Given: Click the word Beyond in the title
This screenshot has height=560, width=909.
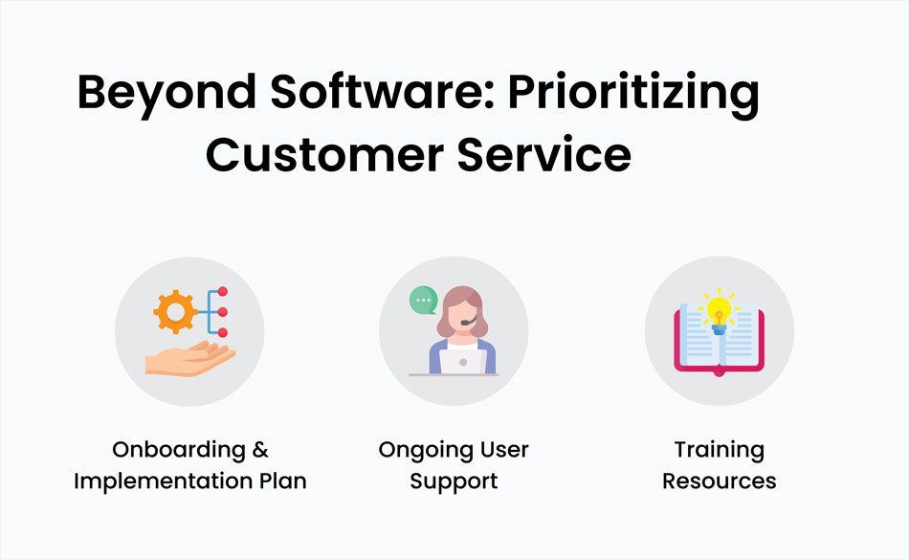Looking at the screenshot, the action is coord(166,94).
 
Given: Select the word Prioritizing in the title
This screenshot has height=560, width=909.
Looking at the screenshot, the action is coord(633,94).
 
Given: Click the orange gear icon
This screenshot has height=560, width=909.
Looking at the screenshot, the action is coord(175,312).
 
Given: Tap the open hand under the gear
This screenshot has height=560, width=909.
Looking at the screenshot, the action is coord(190,359).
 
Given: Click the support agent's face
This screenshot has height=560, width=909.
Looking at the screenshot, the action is coord(463,317).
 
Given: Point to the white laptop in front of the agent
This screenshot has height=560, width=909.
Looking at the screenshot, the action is coord(462,362).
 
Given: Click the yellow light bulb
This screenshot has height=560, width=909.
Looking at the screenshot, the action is coord(719,312).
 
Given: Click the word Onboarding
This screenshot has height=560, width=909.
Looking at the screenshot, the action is coord(179,451).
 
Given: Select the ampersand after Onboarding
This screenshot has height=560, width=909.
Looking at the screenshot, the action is coord(260,449).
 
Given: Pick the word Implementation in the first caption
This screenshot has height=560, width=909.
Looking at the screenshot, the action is coord(162,482).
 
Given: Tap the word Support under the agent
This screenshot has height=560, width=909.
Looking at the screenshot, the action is coord(454,482).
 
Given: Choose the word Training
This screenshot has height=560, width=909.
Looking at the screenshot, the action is coord(720,451).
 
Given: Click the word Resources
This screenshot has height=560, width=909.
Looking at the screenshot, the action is coord(720,482).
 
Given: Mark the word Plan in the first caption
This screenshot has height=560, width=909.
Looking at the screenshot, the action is coord(283,481).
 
